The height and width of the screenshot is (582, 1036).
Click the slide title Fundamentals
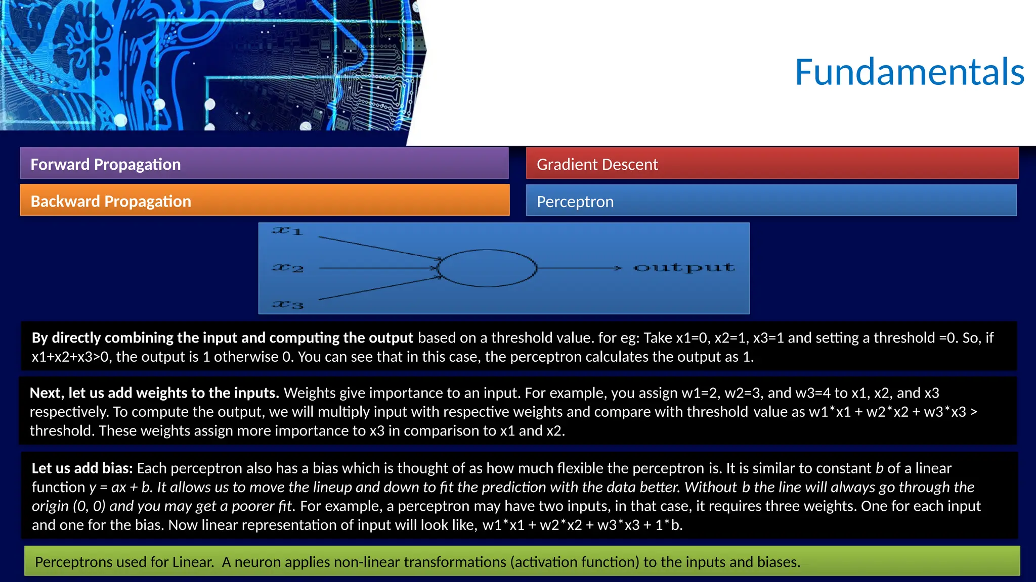909,72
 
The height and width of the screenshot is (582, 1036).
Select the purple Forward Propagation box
264,164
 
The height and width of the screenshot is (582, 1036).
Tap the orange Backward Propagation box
264,201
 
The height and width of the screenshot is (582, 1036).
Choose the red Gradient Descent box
771,164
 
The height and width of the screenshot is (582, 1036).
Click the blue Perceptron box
770,201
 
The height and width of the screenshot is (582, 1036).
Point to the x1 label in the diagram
287,231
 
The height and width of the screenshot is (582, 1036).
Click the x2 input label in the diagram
287,268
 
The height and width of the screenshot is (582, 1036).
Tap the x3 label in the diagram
287,305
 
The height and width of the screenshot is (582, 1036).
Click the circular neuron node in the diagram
487,268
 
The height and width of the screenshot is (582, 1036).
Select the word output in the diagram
683,267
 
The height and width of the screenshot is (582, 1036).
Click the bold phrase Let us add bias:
82,468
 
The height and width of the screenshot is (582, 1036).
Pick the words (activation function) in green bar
574,562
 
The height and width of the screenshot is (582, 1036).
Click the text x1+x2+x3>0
70,357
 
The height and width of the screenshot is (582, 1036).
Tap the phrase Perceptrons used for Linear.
124,562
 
